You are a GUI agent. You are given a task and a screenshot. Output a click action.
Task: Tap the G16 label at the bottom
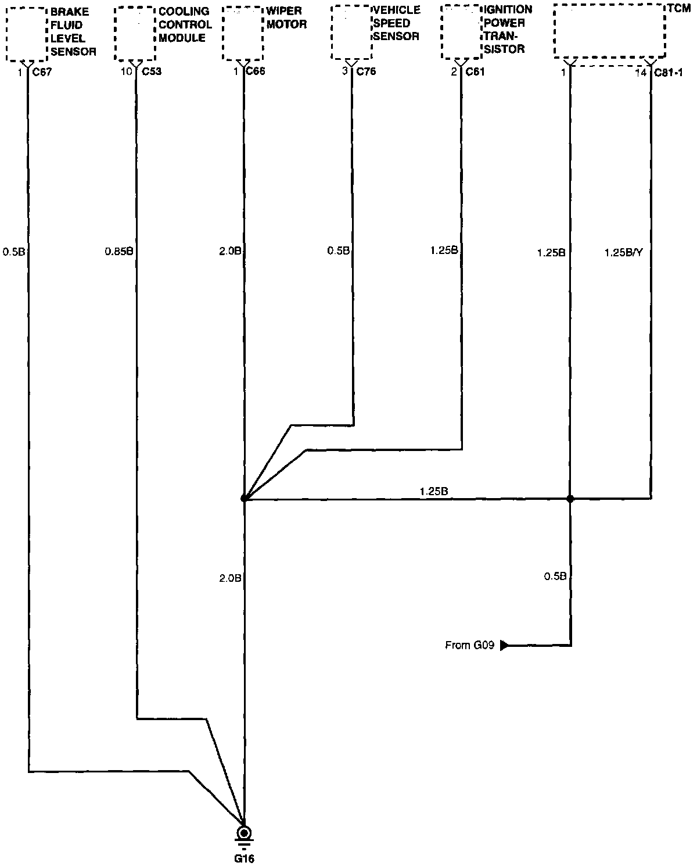click(245, 858)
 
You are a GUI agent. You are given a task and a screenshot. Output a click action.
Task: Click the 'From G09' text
click(469, 645)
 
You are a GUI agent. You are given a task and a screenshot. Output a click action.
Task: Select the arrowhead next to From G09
click(504, 645)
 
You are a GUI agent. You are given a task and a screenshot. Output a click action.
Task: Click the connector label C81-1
click(669, 73)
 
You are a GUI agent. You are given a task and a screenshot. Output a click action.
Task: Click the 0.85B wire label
click(119, 252)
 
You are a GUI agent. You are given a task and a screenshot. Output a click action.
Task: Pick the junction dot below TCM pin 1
click(570, 499)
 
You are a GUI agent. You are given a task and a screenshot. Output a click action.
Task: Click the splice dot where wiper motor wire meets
click(245, 499)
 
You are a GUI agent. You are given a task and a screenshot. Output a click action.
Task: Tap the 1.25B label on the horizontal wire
click(434, 491)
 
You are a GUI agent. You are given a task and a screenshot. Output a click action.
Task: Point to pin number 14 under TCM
click(641, 73)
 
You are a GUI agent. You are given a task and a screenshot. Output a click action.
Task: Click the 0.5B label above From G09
click(555, 576)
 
